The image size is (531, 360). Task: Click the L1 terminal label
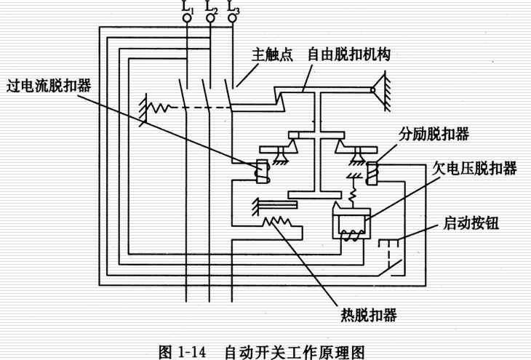click(188, 9)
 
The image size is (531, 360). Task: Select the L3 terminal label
click(233, 9)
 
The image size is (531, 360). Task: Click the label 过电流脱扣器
click(49, 84)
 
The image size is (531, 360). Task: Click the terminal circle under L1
click(188, 22)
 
